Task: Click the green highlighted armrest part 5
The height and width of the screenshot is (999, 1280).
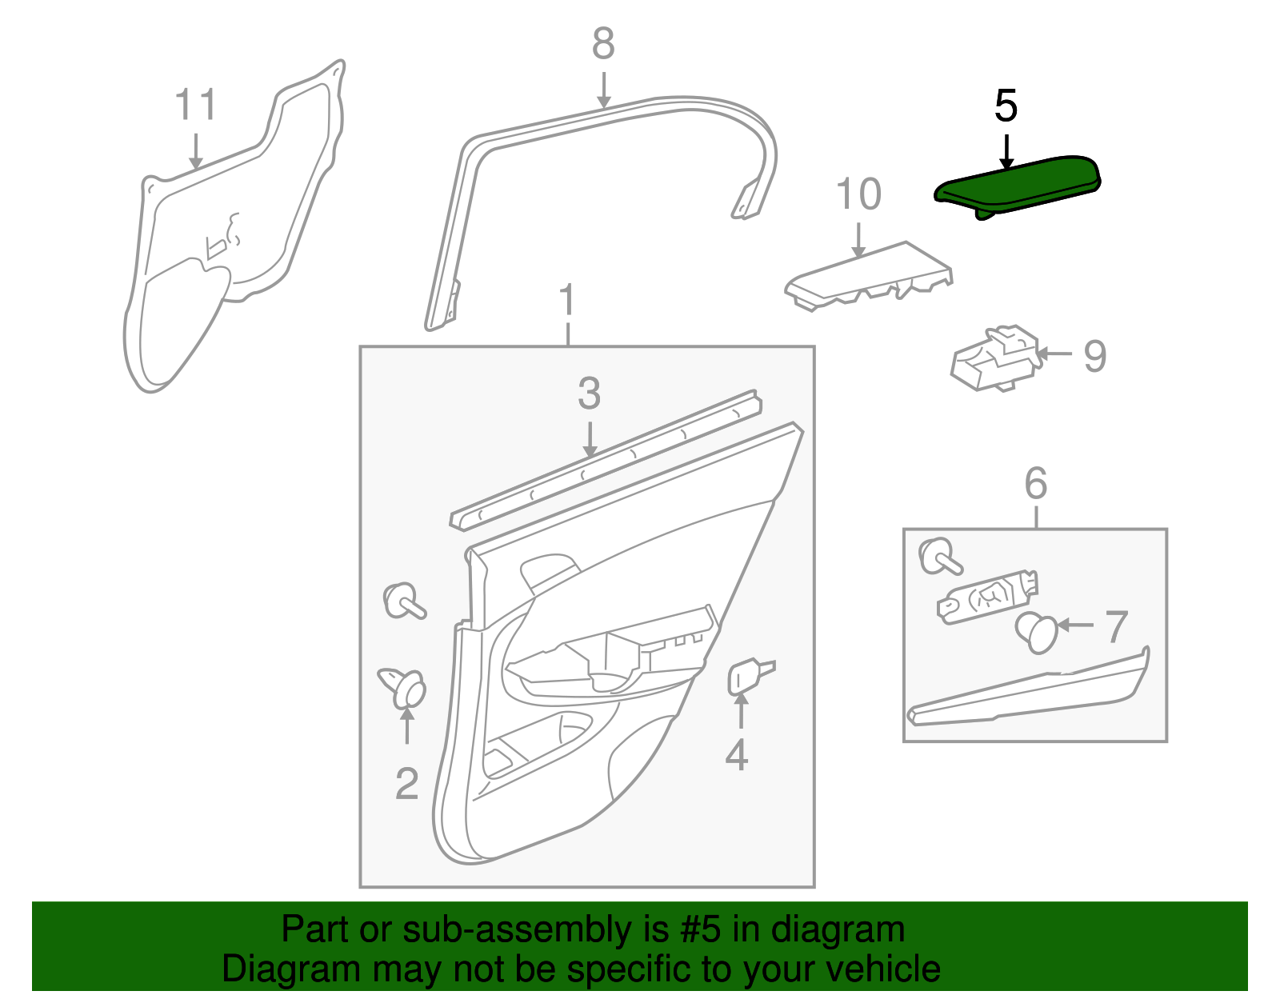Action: [x=1016, y=184]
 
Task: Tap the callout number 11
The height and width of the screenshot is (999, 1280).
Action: [x=195, y=106]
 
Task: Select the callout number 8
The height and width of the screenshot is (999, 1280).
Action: [x=603, y=44]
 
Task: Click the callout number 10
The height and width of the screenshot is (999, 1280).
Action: [x=858, y=194]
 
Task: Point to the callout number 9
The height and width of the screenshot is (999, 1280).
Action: [x=1094, y=355]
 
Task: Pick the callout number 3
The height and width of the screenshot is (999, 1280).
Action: [x=589, y=394]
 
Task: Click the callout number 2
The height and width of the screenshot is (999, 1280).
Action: [x=406, y=784]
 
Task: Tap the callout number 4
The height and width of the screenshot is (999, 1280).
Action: [x=736, y=755]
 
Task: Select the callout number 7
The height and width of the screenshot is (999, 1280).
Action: [x=1116, y=626]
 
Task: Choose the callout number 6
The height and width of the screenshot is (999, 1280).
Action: [x=1035, y=483]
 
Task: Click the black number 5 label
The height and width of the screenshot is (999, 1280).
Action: [x=1006, y=106]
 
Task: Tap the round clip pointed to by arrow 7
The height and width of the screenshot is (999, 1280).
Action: [x=1038, y=633]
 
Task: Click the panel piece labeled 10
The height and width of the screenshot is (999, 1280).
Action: [x=868, y=275]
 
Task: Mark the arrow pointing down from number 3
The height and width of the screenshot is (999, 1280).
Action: [x=590, y=440]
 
